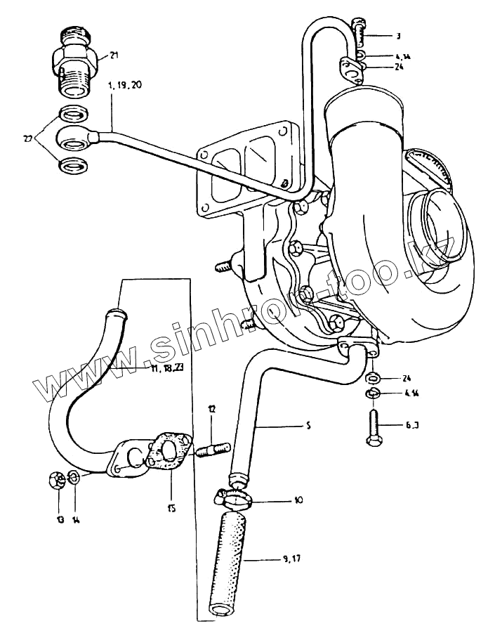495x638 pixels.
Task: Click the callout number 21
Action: pyautogui.click(x=114, y=56)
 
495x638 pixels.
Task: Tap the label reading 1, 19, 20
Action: pyautogui.click(x=124, y=84)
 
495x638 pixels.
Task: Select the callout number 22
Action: pyautogui.click(x=28, y=139)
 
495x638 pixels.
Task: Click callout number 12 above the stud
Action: pyautogui.click(x=211, y=408)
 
